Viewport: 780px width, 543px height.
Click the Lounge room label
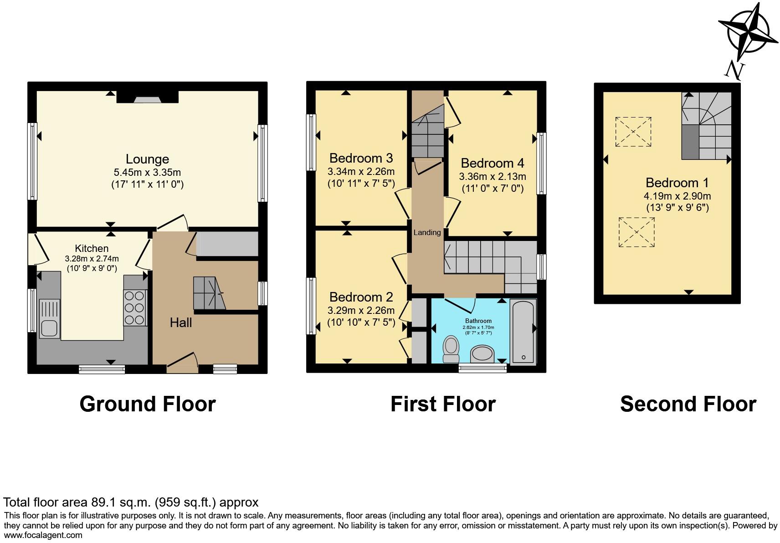147,159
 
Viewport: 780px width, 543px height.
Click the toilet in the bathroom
451,349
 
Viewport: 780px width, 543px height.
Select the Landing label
427,232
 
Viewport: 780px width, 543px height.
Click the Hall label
181,323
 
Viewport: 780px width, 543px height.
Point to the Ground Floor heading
147,404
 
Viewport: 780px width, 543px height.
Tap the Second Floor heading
688,404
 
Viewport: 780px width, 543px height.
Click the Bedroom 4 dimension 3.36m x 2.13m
493,176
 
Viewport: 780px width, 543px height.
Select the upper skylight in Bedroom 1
633,132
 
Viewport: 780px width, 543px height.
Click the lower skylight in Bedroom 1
636,232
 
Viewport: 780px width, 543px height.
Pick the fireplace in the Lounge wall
147,97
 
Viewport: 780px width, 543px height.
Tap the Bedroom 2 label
361,297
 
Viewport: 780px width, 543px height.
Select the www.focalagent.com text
43,535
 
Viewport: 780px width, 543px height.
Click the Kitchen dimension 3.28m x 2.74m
92,258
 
